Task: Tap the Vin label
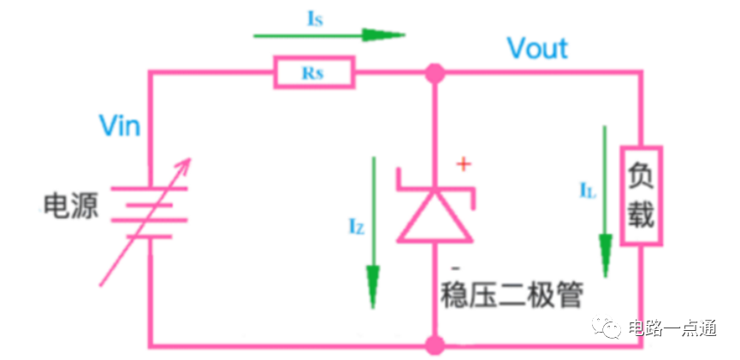(x=120, y=126)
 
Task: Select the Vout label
(x=537, y=48)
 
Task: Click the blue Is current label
(x=316, y=20)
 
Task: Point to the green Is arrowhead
(x=383, y=35)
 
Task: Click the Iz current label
(x=357, y=228)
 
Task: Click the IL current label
(x=588, y=190)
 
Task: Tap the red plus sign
(x=464, y=164)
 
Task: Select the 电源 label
(x=71, y=206)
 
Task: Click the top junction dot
(x=435, y=74)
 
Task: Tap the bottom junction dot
(x=435, y=345)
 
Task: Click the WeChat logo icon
(x=607, y=327)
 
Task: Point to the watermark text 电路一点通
(x=672, y=328)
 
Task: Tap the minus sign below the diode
(x=455, y=269)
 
